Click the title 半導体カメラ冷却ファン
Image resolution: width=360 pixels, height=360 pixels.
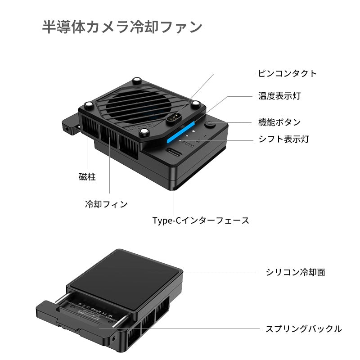122,27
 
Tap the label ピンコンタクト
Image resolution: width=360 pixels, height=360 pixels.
287,73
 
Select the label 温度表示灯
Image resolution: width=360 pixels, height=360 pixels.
279,96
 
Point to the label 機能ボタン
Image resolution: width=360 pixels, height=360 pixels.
279,122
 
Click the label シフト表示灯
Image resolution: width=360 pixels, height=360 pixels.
283,139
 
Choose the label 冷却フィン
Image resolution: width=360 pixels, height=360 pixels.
107,204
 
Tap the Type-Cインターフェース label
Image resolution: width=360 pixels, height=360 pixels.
201,220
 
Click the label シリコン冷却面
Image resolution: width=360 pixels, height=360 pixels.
295,272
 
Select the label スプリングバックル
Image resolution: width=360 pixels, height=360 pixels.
303,328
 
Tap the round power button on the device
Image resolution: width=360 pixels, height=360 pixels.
211,126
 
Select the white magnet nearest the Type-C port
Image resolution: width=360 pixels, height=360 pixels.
144,131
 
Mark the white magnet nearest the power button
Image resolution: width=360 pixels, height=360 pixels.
195,104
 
